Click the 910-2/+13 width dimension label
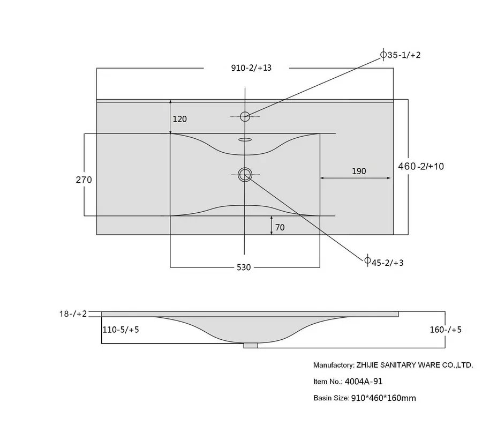coord(251,68)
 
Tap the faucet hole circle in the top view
coord(245,116)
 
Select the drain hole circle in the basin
coord(245,175)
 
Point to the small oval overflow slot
coord(245,140)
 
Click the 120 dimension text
coord(179,119)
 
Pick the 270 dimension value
coord(84,180)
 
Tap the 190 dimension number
coord(359,171)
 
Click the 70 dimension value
coord(280,228)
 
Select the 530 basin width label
coord(244,267)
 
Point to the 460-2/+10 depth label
coord(421,166)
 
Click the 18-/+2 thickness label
coord(73,314)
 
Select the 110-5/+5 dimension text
coord(120,330)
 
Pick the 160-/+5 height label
coord(446,330)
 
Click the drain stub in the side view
coord(251,346)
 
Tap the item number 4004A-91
coord(364,382)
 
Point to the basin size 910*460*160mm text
coord(383,398)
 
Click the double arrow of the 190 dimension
coord(356,178)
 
